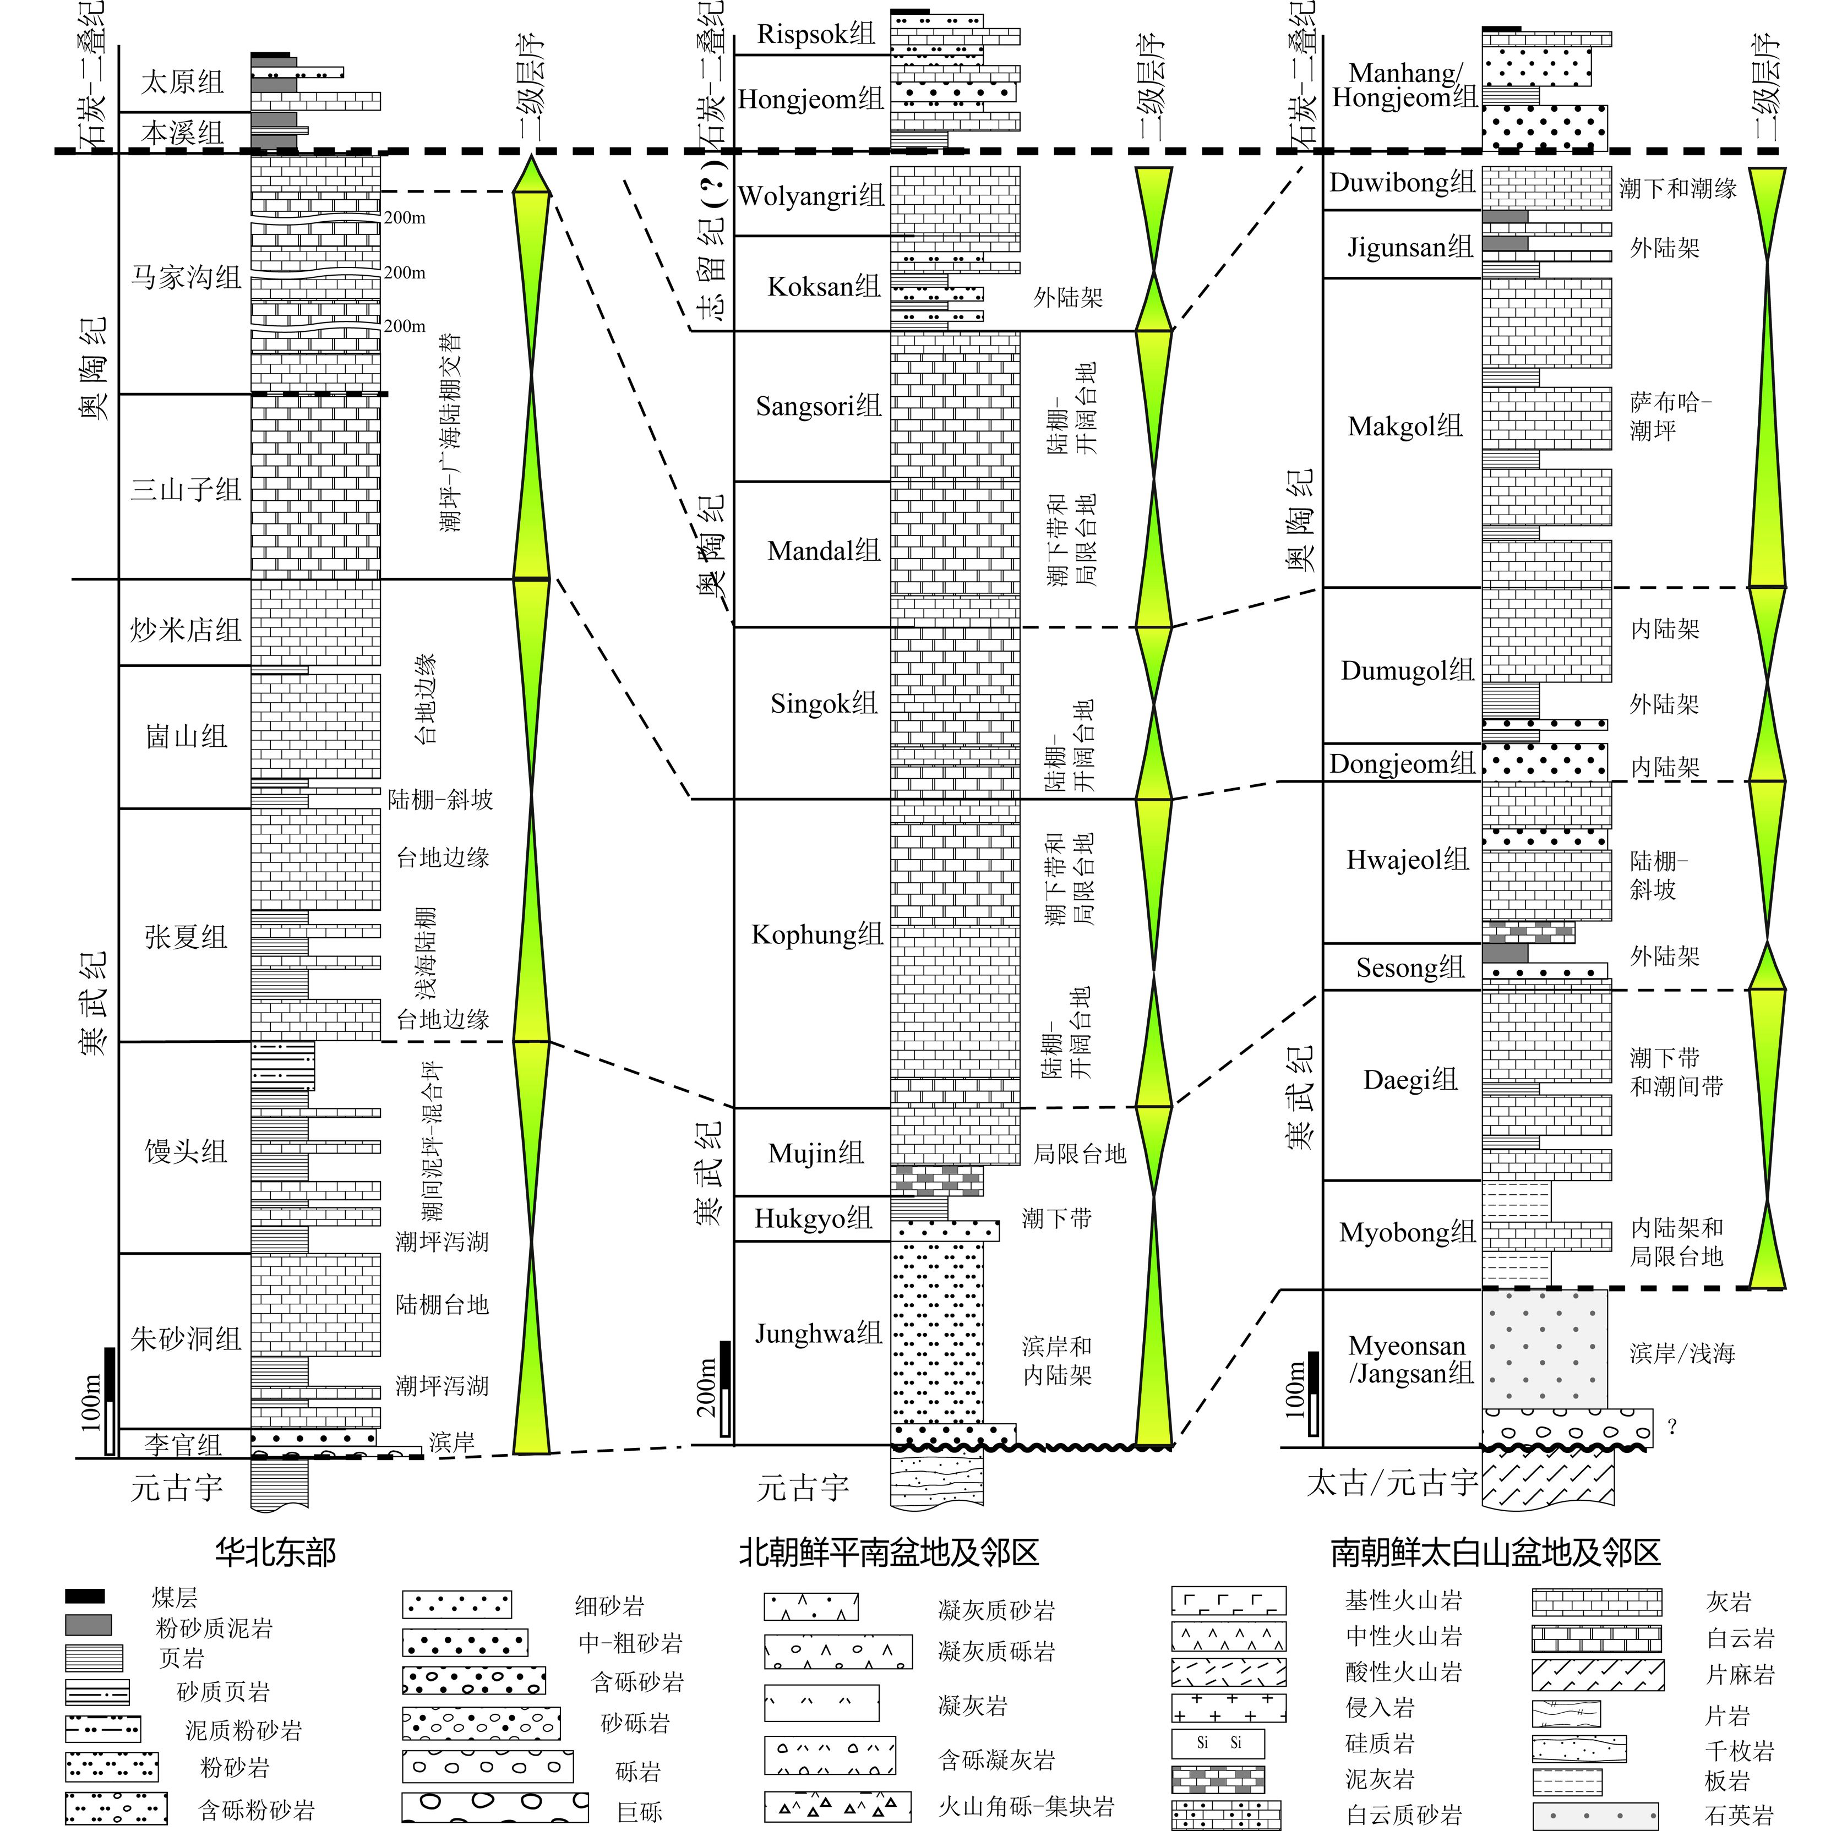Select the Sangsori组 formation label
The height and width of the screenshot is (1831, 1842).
tap(818, 406)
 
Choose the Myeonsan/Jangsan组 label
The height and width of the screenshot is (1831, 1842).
tap(1410, 1359)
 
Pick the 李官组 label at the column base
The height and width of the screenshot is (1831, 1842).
tap(183, 1445)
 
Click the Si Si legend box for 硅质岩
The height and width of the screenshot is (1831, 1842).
tap(1218, 1743)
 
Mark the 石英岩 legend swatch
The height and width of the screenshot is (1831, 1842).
tap(1595, 1815)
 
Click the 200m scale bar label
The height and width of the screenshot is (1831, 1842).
tap(706, 1387)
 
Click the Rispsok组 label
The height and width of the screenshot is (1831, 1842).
tap(815, 34)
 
